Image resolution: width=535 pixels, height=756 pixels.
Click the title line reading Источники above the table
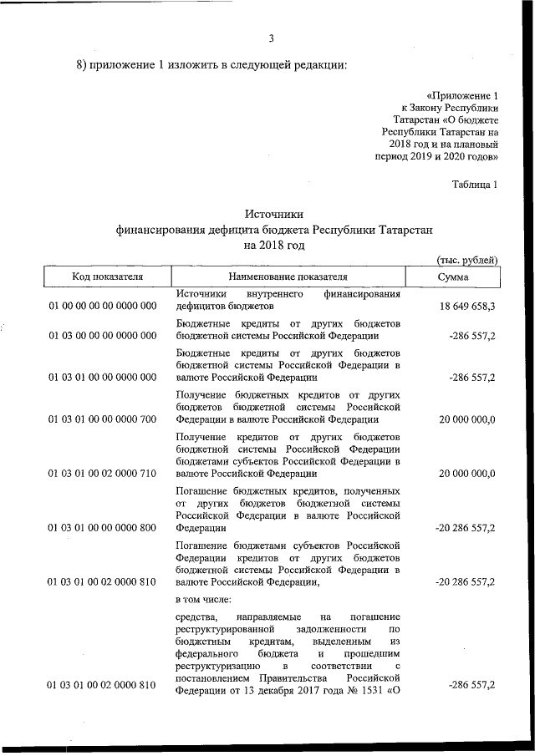pyautogui.click(x=274, y=214)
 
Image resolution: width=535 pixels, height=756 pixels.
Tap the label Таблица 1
pyautogui.click(x=474, y=185)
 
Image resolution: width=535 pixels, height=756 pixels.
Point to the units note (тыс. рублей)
pyautogui.click(x=467, y=261)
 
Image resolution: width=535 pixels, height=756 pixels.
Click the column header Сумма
pyautogui.click(x=452, y=277)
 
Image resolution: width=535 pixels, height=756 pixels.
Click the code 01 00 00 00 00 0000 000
pyautogui.click(x=103, y=307)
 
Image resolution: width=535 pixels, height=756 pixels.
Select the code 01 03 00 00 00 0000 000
pyautogui.click(x=103, y=336)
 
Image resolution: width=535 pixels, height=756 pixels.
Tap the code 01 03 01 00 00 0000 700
pyautogui.click(x=103, y=419)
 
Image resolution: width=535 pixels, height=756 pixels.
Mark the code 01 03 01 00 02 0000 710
pyautogui.click(x=103, y=474)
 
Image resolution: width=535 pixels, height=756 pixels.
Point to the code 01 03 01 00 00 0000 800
pyautogui.click(x=103, y=528)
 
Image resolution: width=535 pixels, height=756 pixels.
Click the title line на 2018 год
pyautogui.click(x=274, y=246)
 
